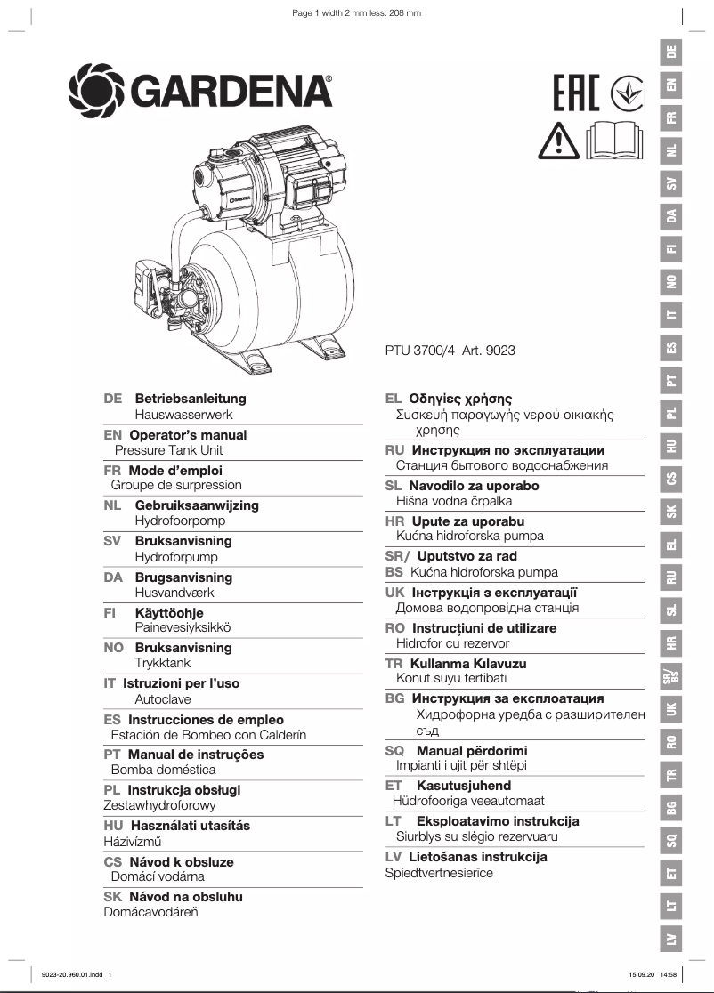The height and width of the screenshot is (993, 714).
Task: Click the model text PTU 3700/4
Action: point(421,351)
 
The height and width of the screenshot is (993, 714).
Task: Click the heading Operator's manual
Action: point(188,435)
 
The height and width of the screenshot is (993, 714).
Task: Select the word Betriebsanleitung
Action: point(191,399)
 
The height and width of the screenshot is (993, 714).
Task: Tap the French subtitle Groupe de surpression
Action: point(176,486)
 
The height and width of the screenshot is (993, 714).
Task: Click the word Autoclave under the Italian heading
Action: point(163,699)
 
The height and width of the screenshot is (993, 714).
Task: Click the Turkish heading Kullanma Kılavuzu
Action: point(468,664)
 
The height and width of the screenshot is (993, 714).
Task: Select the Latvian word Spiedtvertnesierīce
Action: point(439,873)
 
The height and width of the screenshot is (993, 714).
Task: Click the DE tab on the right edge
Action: point(671,52)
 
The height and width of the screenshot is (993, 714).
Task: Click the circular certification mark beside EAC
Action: point(628,93)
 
